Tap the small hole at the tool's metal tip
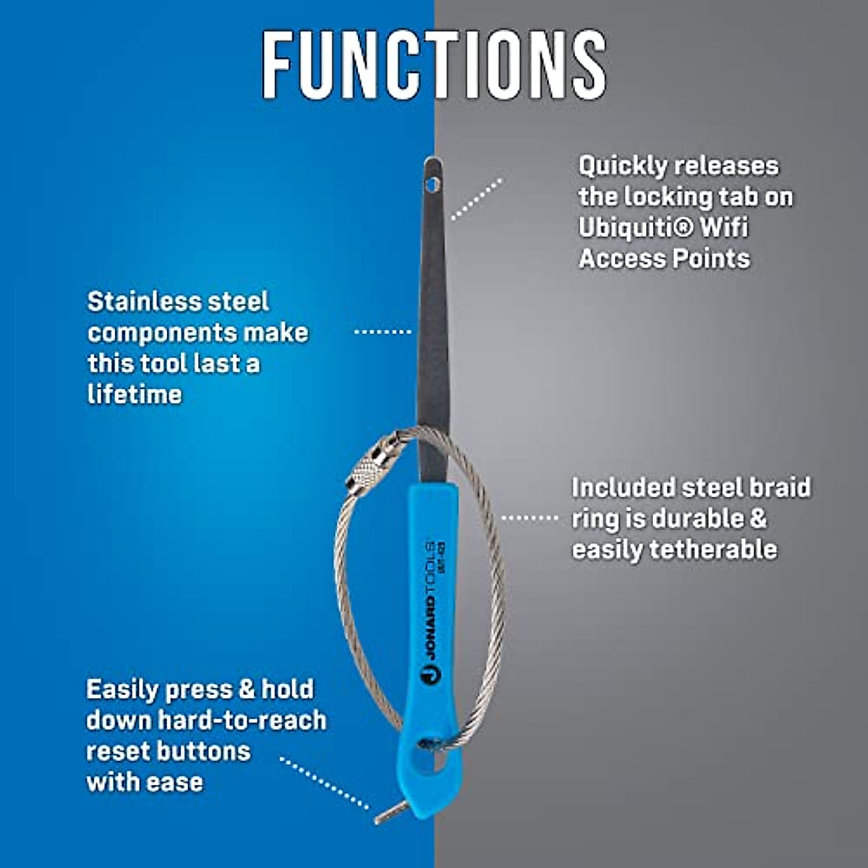(433, 184)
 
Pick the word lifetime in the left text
(135, 395)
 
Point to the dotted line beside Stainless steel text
(383, 331)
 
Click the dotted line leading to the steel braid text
(529, 518)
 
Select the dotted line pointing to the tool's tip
(476, 199)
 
